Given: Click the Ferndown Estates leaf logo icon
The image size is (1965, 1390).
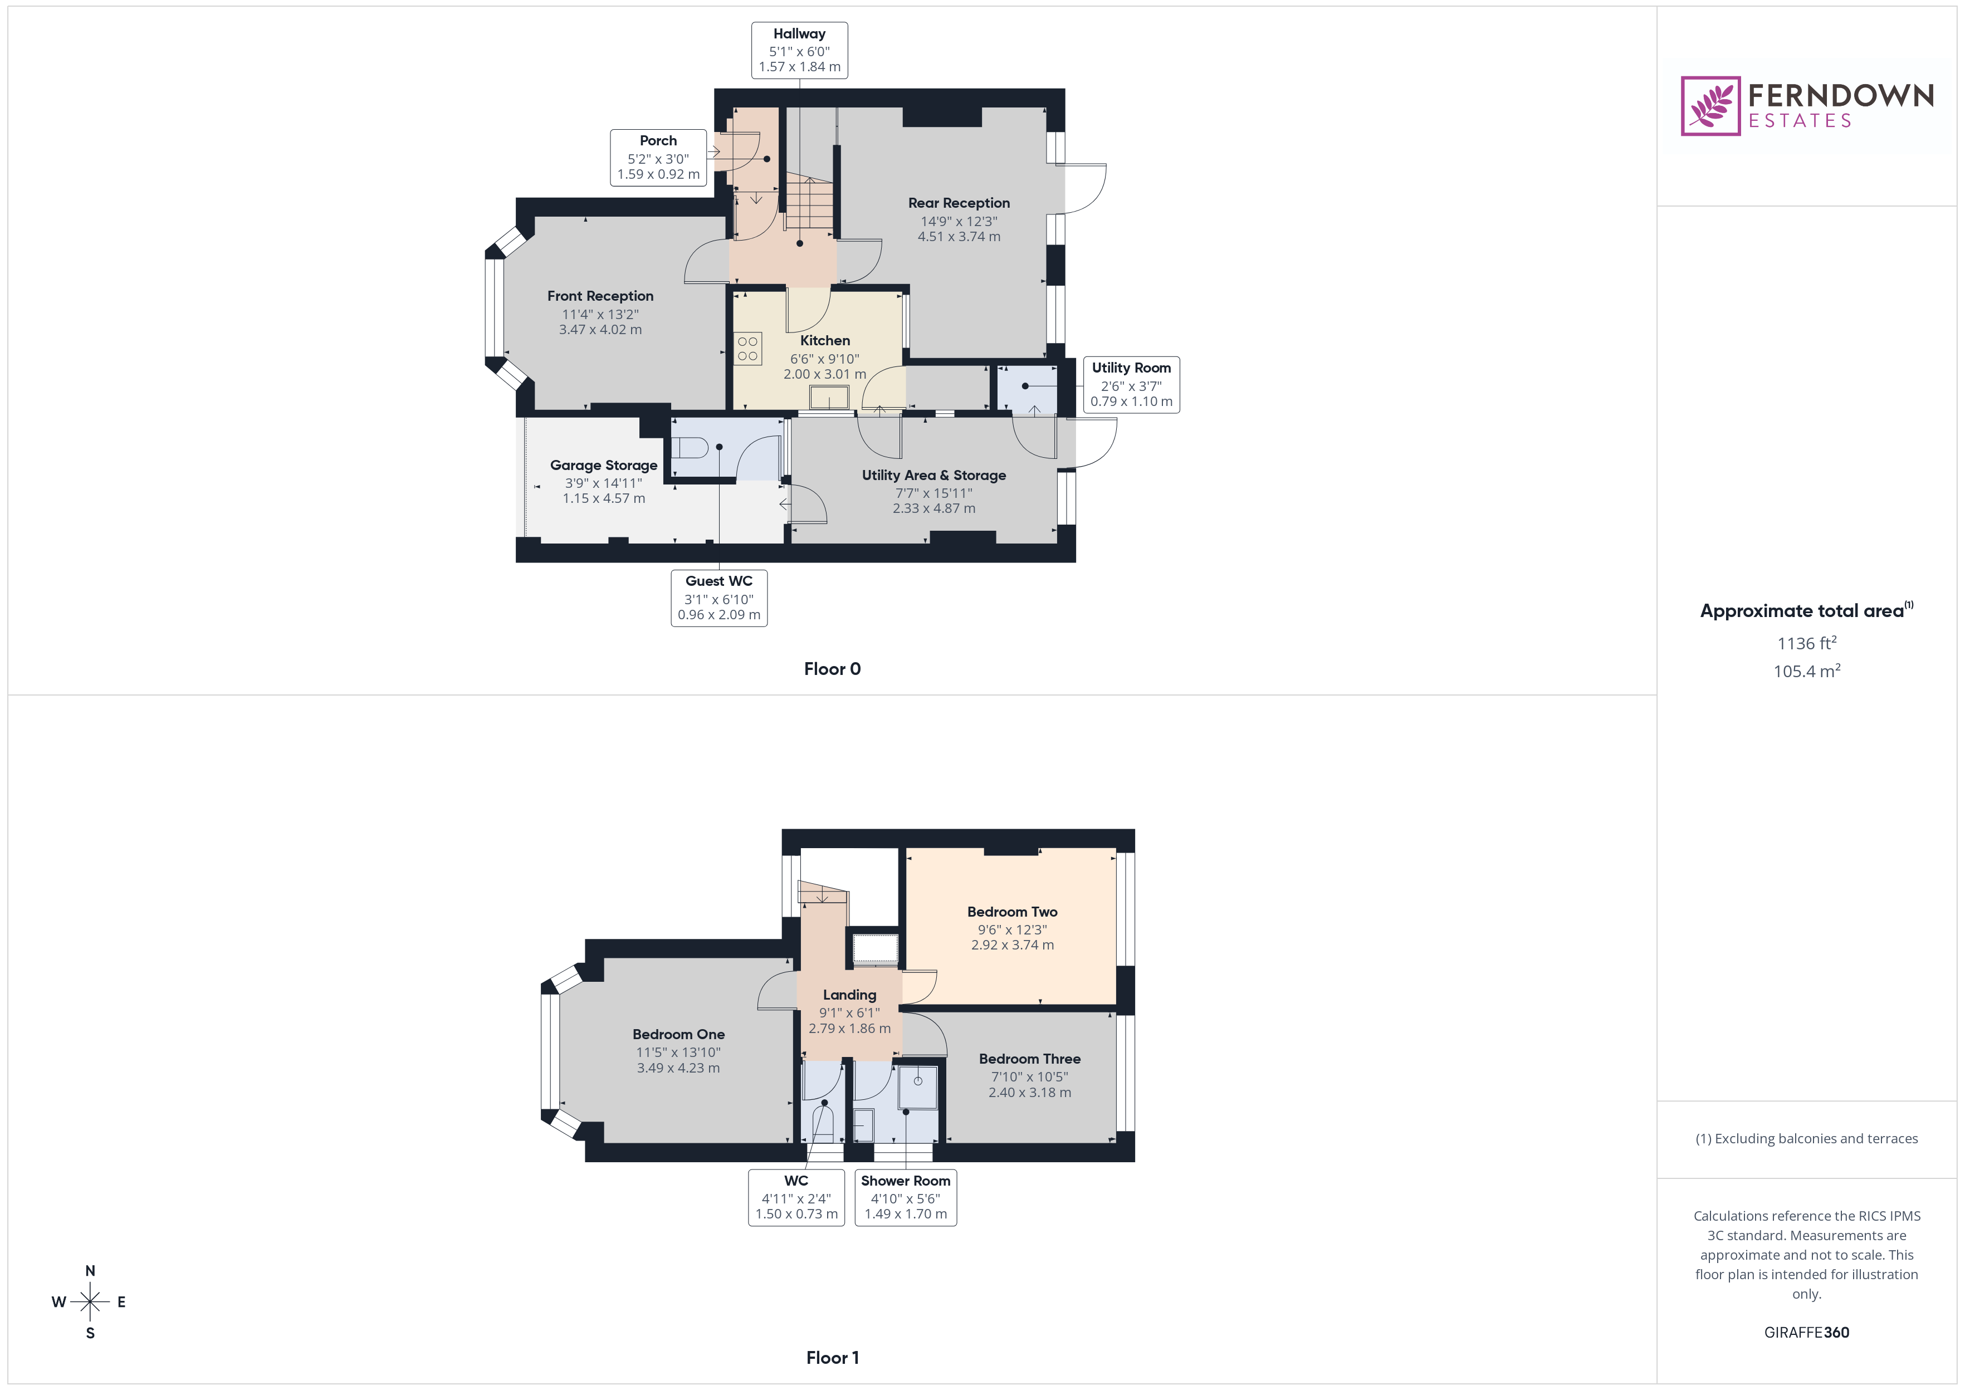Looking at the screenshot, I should [x=1710, y=106].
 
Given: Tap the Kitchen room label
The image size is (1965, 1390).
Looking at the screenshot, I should [x=824, y=341].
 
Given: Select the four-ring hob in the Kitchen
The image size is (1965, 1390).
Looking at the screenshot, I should [x=747, y=349].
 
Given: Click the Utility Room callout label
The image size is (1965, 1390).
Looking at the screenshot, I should [x=1131, y=384].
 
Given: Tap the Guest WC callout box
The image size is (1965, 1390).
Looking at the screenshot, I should [x=719, y=598].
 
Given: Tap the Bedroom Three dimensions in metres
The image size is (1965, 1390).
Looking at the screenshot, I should [x=1030, y=1093].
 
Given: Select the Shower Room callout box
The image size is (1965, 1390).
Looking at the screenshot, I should [x=906, y=1197].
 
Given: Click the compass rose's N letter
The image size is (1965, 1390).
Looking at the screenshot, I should [x=90, y=1271].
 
